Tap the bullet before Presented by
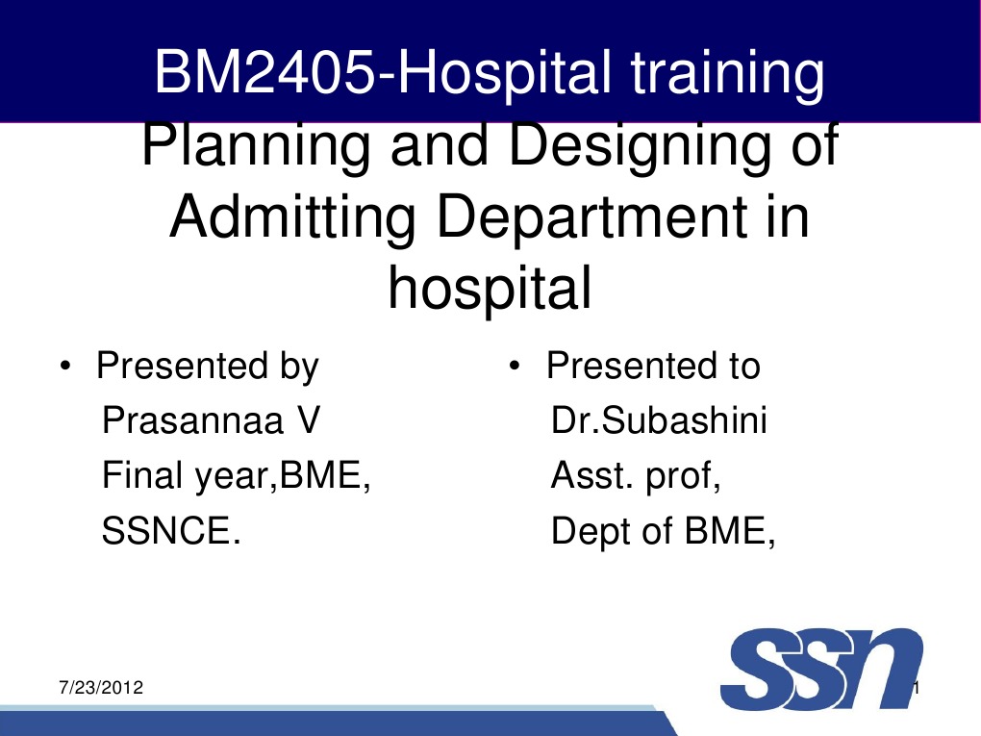coord(63,368)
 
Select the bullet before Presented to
coord(515,368)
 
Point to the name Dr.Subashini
coord(659,420)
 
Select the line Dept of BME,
coord(663,530)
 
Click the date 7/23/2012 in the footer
coord(101,689)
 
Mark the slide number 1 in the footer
coord(918,689)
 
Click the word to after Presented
coord(739,367)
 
